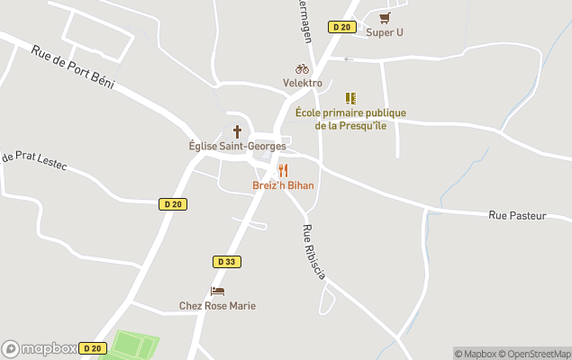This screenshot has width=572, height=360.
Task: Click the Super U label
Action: (385, 32)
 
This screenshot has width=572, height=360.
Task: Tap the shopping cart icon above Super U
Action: (386, 17)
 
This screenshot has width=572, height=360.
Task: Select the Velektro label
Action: (302, 83)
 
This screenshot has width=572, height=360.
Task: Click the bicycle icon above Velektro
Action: (302, 68)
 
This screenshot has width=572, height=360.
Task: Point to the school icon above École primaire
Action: (350, 98)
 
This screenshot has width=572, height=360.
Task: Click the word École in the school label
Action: (311, 113)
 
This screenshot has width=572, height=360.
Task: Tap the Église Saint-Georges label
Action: (232, 146)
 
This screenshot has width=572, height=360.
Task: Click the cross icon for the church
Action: (238, 130)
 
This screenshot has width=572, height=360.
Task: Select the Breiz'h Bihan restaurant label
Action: (283, 185)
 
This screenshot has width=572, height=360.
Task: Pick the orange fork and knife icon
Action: (283, 170)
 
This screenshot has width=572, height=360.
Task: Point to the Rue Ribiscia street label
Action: (313, 252)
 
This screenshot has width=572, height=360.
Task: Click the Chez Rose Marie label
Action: (217, 306)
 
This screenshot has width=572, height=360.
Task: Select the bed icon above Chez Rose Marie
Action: (217, 291)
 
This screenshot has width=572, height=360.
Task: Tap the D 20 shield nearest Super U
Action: (340, 27)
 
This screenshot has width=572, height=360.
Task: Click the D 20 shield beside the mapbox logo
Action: (92, 348)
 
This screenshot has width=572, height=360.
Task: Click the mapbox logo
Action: (40, 348)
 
